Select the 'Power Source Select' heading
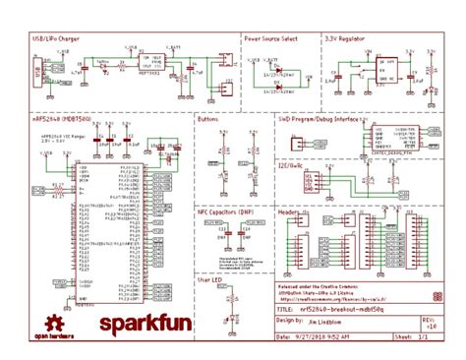click(x=272, y=38)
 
